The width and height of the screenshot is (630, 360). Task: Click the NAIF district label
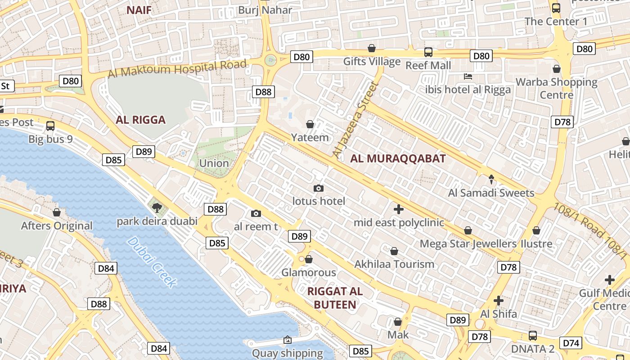coord(139,10)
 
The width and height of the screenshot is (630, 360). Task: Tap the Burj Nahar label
coord(265,10)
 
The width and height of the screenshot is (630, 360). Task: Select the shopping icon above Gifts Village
coord(372,48)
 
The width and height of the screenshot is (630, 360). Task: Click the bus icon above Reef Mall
coord(428,52)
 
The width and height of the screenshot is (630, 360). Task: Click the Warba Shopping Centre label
coord(557,88)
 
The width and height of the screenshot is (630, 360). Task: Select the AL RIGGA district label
coord(140,120)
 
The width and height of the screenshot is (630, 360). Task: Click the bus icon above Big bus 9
coord(50,126)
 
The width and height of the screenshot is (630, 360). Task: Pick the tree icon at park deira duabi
coord(157,207)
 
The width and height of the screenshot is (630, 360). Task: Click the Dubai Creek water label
coord(152,262)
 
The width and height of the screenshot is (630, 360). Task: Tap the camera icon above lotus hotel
coord(319,188)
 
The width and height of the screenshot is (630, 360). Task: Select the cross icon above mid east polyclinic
coord(398,209)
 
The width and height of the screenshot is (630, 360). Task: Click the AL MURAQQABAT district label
coord(398,158)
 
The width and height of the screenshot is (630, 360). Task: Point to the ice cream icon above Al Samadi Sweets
coord(491,180)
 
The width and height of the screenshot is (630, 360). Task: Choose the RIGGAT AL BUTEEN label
coord(335,297)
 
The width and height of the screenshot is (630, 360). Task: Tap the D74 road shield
coord(571,343)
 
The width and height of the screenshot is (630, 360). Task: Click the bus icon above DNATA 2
coord(533,335)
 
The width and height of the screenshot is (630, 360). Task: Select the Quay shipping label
coord(287,353)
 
